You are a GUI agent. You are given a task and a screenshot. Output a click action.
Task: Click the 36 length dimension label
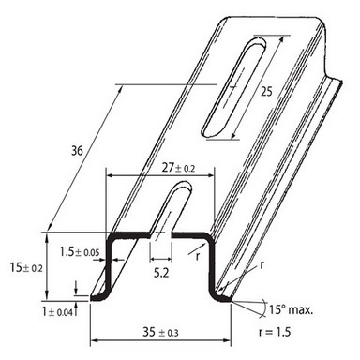[x=77, y=151]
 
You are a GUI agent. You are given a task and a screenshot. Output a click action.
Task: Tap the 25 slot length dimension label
[x=266, y=92]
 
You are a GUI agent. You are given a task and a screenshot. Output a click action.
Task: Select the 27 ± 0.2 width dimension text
[x=178, y=168]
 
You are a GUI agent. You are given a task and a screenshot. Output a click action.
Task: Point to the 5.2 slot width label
[x=161, y=273]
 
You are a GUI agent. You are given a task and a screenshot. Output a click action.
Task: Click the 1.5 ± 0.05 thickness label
[x=80, y=251]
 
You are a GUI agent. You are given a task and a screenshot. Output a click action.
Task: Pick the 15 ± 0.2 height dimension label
[x=26, y=267]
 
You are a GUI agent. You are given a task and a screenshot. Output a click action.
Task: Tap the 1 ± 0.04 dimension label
[x=57, y=311]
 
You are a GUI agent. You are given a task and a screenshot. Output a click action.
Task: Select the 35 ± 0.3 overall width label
[x=160, y=332]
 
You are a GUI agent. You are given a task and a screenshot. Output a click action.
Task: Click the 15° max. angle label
[x=291, y=309]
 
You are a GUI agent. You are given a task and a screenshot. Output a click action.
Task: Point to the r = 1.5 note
[x=275, y=332]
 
